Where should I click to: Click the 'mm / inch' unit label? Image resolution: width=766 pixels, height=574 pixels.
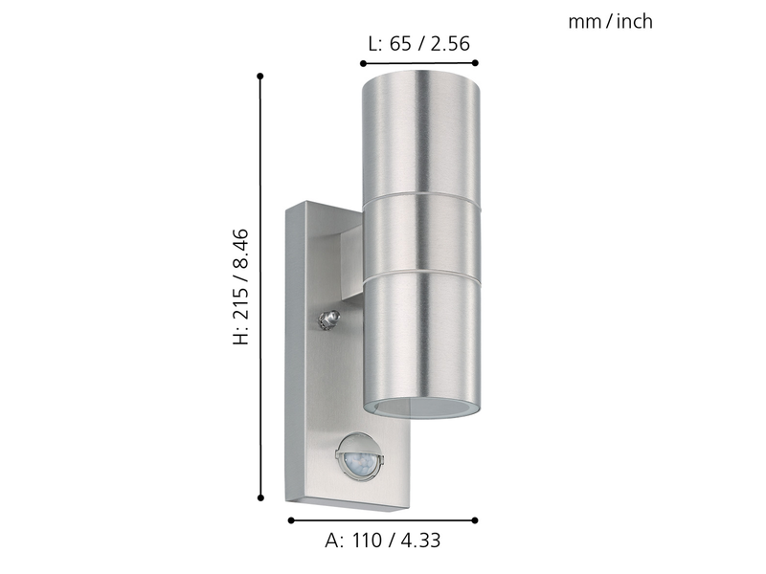click(610, 21)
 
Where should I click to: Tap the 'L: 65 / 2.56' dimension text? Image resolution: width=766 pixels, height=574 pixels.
click(419, 44)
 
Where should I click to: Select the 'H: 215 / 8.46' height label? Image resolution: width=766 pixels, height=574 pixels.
click(241, 286)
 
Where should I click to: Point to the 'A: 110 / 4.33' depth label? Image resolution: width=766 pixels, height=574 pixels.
click(383, 541)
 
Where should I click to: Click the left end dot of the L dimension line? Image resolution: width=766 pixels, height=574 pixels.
click(363, 63)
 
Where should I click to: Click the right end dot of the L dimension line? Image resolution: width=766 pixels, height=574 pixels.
click(475, 62)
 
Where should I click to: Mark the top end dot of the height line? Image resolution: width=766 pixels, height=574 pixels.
click(260, 77)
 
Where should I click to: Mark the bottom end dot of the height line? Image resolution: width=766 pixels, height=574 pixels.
click(260, 497)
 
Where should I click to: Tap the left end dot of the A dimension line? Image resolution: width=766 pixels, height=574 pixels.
click(291, 520)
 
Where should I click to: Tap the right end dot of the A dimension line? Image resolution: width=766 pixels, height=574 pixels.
click(475, 520)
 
